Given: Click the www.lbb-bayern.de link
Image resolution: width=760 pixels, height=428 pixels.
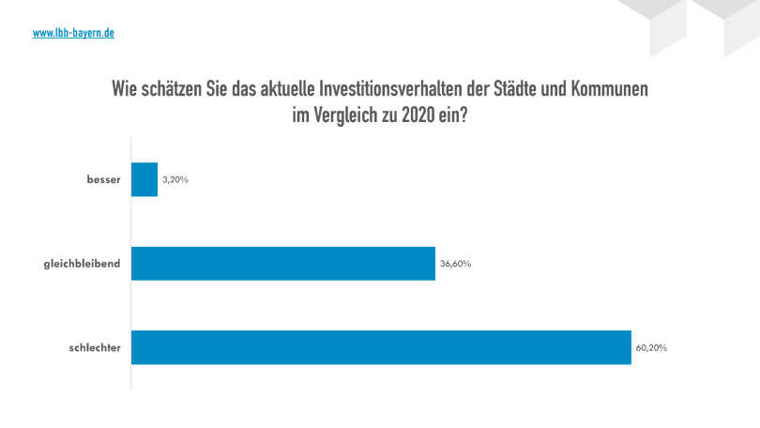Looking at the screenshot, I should pos(73,33).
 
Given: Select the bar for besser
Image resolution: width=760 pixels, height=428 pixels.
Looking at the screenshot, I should pos(144,179).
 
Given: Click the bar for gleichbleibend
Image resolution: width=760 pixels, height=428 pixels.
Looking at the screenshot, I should pos(282,264).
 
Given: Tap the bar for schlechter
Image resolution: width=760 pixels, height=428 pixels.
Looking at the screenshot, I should pos(381,347).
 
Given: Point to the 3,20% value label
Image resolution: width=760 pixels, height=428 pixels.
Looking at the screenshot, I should pos(175,179).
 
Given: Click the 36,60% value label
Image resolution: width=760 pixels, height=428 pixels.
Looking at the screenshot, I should pos(455,264).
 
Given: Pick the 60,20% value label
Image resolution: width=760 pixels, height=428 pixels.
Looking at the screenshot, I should pos(651,347).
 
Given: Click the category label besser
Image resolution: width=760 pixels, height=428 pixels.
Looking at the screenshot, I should pos(103,179).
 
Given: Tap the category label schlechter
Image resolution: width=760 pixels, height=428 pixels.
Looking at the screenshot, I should pos(96,347).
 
